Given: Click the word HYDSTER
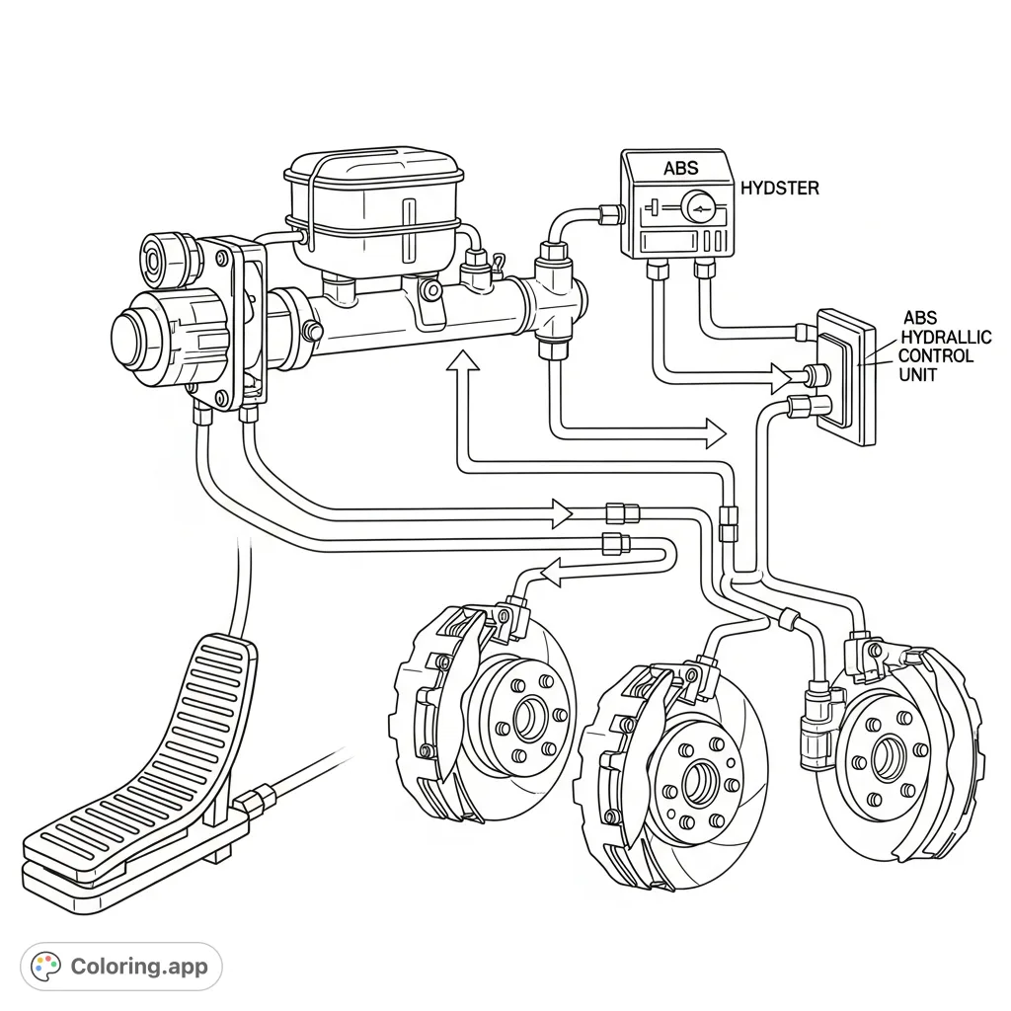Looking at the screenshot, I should click(779, 188).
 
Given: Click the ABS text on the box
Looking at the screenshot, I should click(680, 168).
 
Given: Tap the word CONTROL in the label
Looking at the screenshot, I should click(935, 355).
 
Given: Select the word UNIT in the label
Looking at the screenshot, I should click(917, 374).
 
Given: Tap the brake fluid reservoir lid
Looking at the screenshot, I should click(371, 172).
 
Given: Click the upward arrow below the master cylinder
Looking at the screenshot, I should click(463, 363).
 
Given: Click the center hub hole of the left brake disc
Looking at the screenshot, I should click(529, 716).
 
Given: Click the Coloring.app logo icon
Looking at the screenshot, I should click(46, 966).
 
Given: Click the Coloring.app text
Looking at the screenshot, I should click(139, 966).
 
